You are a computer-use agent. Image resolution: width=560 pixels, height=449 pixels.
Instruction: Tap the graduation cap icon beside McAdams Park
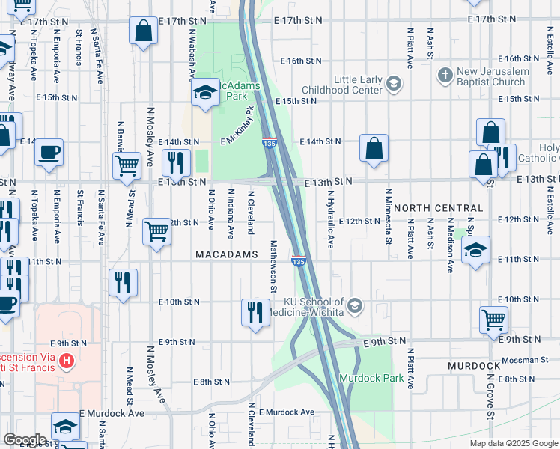tap(204, 93)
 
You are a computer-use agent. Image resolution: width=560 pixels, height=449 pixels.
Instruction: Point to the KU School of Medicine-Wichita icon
tap(355, 305)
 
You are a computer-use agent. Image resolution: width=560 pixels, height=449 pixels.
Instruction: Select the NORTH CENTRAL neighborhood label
tap(438, 207)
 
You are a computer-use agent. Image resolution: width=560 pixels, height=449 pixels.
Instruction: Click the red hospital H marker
tap(67, 362)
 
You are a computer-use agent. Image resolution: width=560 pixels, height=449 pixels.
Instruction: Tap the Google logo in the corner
tap(25, 440)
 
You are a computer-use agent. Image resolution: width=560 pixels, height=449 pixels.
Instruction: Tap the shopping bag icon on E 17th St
tap(143, 31)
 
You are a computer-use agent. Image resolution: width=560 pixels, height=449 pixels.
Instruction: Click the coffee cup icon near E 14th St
tap(49, 152)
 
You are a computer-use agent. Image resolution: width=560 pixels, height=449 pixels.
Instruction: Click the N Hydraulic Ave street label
tap(330, 218)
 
